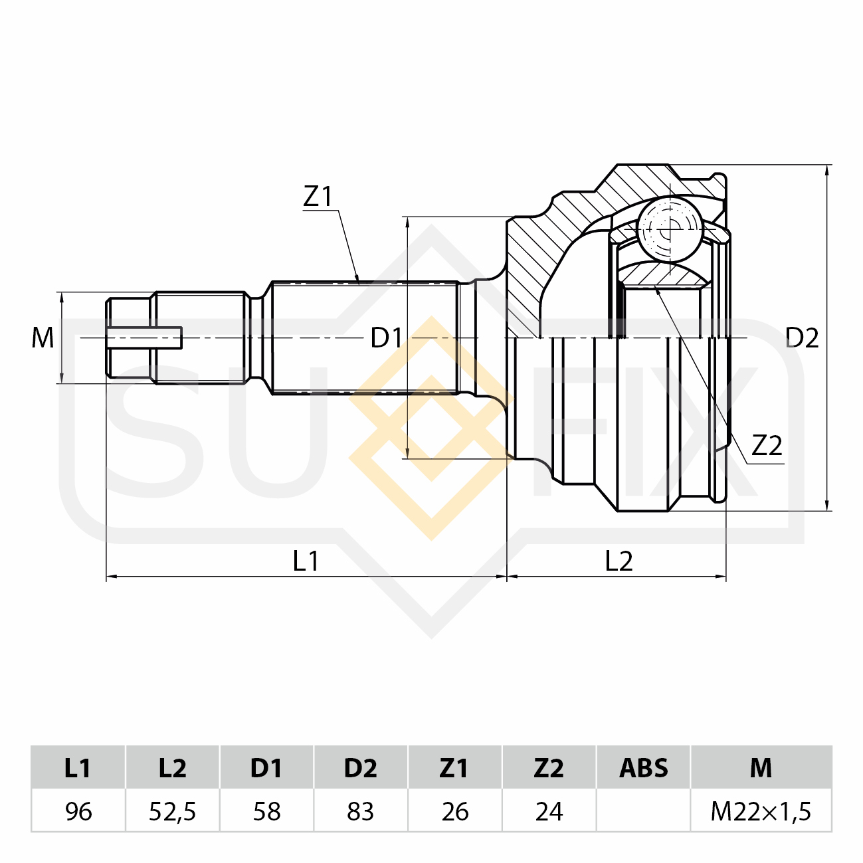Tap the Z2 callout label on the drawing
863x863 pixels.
(x=767, y=445)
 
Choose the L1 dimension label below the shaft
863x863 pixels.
(x=306, y=561)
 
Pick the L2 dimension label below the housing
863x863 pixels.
(x=619, y=561)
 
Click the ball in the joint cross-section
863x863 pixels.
(x=670, y=229)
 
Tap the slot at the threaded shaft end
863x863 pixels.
(x=144, y=337)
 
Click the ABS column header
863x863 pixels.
(x=644, y=767)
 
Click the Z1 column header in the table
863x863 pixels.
(x=455, y=767)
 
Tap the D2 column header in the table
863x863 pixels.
(x=361, y=767)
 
